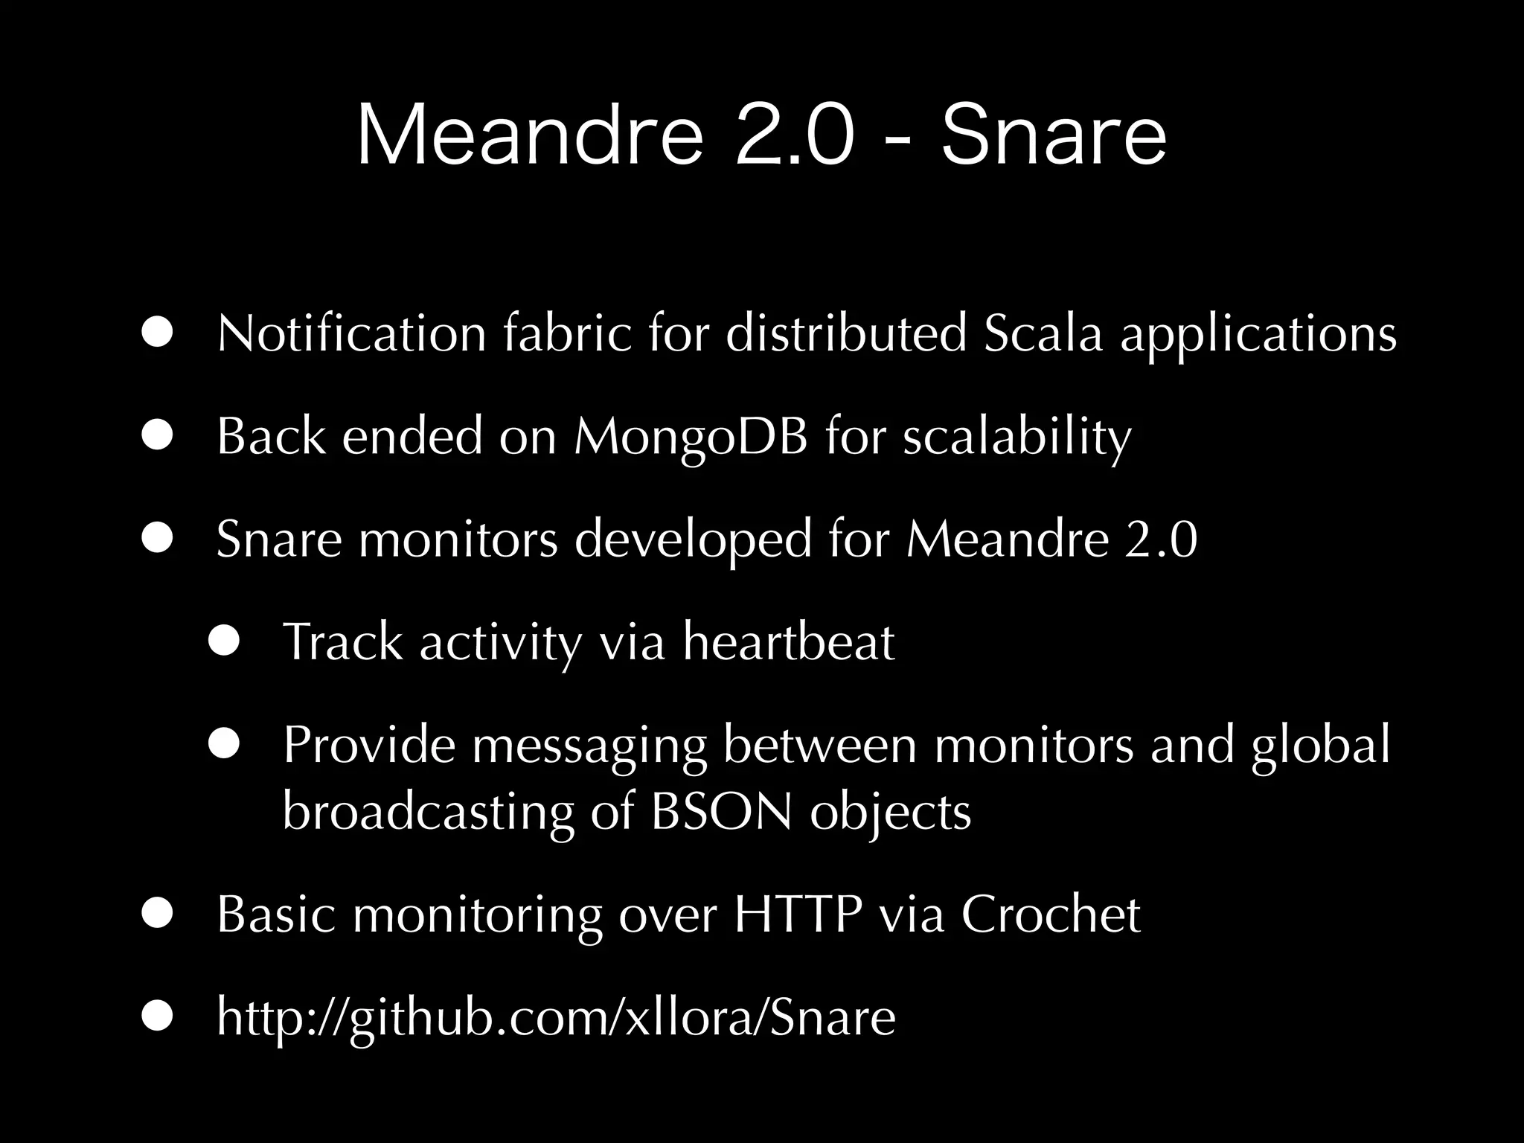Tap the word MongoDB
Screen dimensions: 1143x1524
click(x=691, y=438)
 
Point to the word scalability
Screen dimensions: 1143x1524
click(x=1016, y=438)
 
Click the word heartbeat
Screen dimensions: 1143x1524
click(x=789, y=641)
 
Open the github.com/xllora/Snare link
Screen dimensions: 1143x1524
click(x=556, y=1017)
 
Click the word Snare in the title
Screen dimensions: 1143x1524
click(x=1054, y=136)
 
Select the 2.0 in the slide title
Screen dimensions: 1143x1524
click(x=793, y=136)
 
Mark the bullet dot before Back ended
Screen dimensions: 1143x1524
click(x=158, y=437)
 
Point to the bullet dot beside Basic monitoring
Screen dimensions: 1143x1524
click(x=158, y=915)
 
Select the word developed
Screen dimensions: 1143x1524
click(x=693, y=540)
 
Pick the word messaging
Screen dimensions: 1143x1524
click(x=589, y=746)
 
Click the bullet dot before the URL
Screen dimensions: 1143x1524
click(x=158, y=1017)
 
